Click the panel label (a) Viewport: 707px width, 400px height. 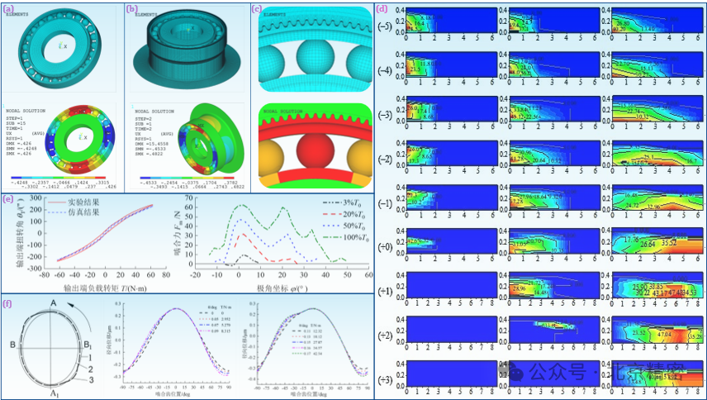point(7,9)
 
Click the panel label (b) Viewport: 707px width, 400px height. point(130,9)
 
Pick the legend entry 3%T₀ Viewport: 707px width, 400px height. point(339,201)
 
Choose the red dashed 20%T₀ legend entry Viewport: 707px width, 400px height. point(339,214)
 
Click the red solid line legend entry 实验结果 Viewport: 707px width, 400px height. point(75,201)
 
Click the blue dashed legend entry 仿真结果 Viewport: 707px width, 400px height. point(75,212)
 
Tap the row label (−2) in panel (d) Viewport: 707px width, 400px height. point(384,159)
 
